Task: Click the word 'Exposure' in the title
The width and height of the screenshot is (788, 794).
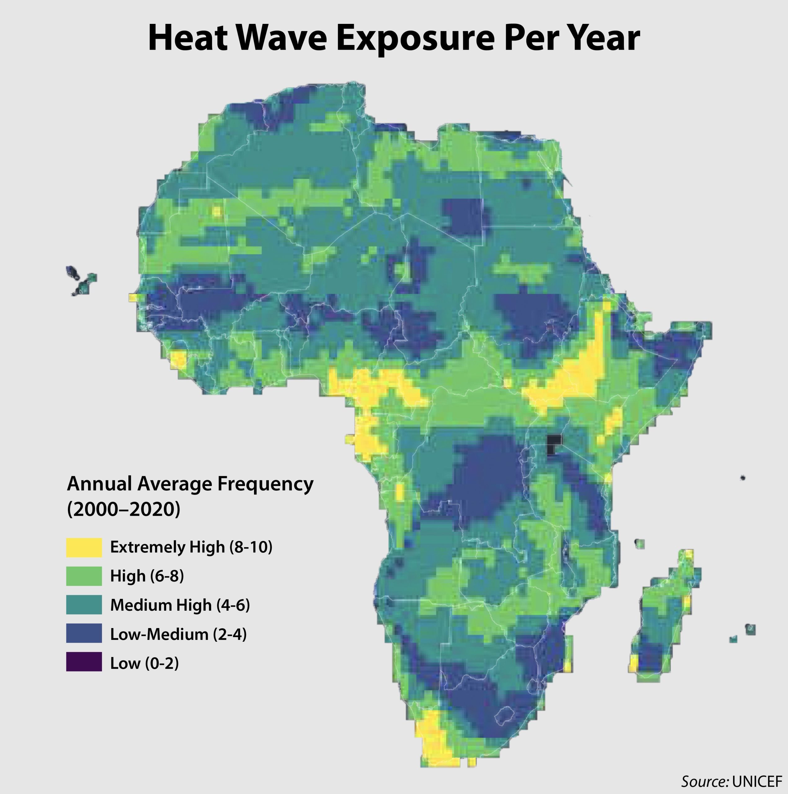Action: [415, 38]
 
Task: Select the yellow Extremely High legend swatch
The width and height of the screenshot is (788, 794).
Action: [84, 547]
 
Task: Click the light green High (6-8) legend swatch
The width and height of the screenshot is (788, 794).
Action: [84, 576]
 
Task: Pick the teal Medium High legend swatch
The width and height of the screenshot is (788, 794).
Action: [84, 605]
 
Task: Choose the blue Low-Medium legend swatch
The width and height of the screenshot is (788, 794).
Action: [84, 633]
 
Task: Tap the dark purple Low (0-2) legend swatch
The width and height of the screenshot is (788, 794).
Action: [84, 662]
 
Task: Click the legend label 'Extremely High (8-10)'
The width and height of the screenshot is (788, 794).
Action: [191, 547]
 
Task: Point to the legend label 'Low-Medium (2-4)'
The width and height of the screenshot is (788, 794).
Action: [178, 634]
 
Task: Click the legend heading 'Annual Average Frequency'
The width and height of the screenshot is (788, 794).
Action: [190, 484]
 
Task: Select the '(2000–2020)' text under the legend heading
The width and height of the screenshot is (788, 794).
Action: [123, 510]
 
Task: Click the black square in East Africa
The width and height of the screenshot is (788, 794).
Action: [554, 445]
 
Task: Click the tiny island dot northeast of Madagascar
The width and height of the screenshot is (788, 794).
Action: [743, 478]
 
